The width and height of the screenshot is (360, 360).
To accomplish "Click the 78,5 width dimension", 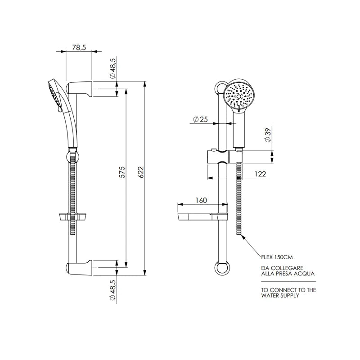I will tap(79, 47).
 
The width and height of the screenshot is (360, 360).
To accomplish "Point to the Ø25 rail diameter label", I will tap(200, 119).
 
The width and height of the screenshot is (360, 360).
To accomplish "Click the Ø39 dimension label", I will tap(268, 135).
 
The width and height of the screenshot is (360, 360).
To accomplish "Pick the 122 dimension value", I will tap(260, 174).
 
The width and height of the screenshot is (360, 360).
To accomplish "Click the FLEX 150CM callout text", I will tap(277, 257).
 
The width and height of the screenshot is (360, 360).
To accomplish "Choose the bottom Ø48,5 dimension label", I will tap(112, 291).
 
